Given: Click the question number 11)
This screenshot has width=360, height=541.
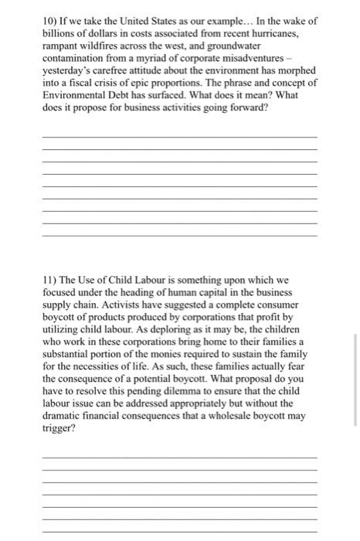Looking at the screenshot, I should point(50,277).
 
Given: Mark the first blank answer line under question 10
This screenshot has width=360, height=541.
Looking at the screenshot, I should point(179,137).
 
